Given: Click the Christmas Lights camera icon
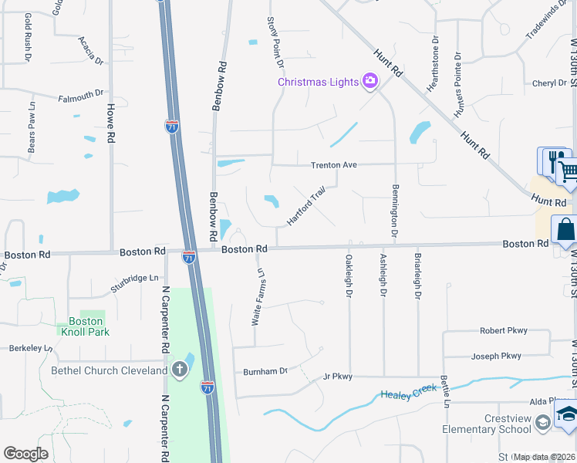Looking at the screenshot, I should click(370, 81).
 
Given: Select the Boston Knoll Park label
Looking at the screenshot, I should click(86, 326).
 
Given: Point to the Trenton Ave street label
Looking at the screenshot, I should click(334, 165).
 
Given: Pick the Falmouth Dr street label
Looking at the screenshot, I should click(81, 95).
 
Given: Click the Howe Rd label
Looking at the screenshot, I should click(111, 124).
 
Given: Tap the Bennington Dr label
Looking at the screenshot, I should click(394, 211).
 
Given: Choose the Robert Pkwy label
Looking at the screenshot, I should click(503, 330).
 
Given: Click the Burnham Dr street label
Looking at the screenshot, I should click(265, 371).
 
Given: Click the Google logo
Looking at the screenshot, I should click(25, 454).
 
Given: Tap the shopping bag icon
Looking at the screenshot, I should click(565, 229).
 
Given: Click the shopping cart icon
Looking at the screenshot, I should click(569, 171).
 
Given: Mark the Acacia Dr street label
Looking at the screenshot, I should click(90, 49).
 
